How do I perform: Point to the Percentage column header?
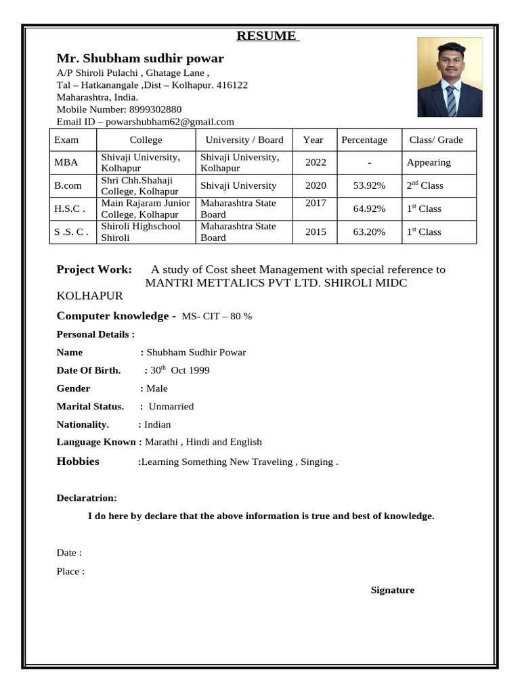364,140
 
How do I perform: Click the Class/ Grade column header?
436,140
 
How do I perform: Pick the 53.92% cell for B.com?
369,185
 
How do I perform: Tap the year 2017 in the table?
315,203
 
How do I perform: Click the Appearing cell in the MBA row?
429,162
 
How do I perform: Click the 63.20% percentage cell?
369,231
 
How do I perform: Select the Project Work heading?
95,269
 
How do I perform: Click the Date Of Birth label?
89,370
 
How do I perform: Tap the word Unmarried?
171,407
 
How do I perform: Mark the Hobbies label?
78,462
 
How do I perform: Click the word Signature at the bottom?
392,590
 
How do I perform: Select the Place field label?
70,571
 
